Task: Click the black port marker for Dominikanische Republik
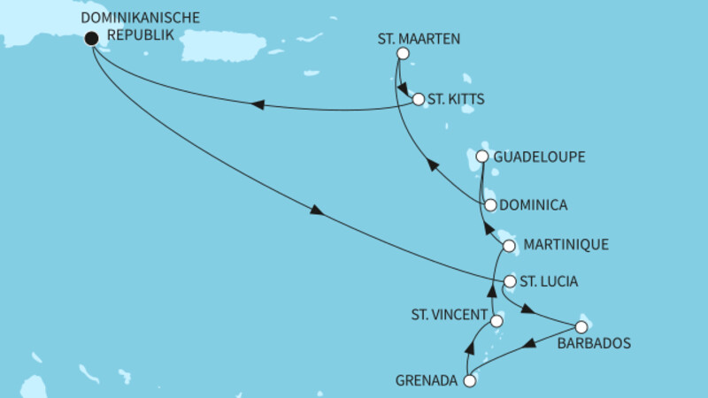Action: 91,38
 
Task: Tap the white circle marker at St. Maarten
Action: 403,54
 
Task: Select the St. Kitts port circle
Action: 419,100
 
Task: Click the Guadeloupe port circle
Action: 482,157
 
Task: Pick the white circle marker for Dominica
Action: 490,205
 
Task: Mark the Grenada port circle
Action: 469,381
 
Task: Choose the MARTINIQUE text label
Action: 566,245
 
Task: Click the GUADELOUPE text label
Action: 541,157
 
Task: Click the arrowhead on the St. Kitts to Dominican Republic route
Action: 258,105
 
